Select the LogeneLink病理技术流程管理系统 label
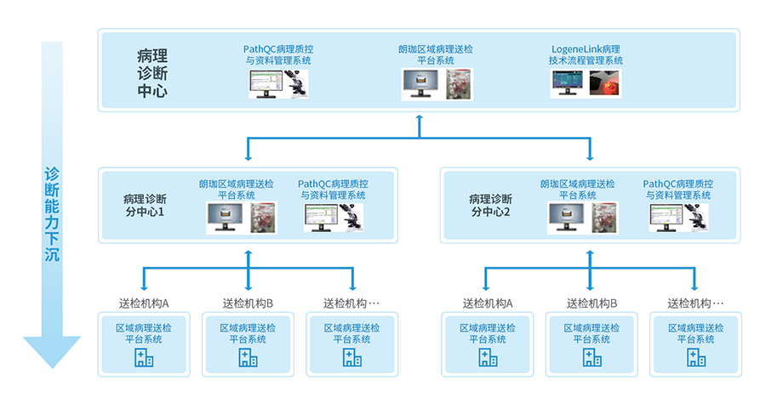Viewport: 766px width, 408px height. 586,54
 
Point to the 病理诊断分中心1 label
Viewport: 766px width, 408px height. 144,205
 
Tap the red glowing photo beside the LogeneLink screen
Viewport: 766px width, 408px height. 605,84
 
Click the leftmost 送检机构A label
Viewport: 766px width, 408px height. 144,303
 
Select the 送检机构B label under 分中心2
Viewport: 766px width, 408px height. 592,303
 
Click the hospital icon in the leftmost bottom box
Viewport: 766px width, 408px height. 144,358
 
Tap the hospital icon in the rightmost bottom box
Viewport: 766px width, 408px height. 695,358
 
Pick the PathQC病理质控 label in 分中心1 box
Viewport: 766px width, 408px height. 333,189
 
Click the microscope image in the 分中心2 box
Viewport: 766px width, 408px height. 698,218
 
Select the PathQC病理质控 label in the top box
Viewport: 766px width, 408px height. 278,54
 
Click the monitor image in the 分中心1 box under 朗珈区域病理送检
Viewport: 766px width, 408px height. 225,218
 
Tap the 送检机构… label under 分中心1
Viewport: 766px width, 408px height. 351,303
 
